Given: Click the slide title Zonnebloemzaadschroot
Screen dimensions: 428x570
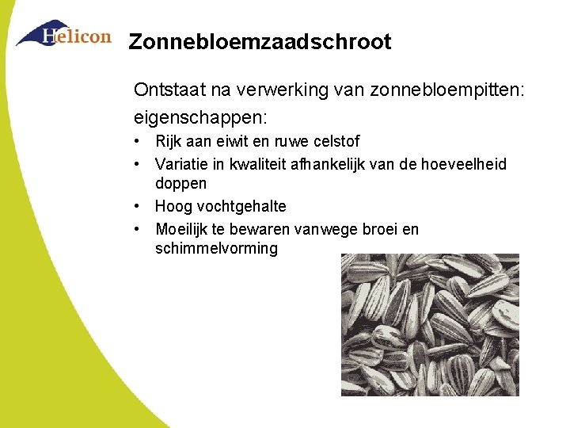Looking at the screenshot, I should [260, 42].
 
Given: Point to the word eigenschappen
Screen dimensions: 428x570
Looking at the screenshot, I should [199, 117].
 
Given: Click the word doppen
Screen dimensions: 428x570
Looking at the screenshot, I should [180, 184].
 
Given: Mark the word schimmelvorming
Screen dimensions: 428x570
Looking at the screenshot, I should [217, 249].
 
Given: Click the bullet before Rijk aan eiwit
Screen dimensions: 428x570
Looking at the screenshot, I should [138, 142].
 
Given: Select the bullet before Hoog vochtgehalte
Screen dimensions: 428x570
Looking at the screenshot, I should [138, 206].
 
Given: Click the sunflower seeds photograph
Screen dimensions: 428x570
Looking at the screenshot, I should [430, 324].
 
